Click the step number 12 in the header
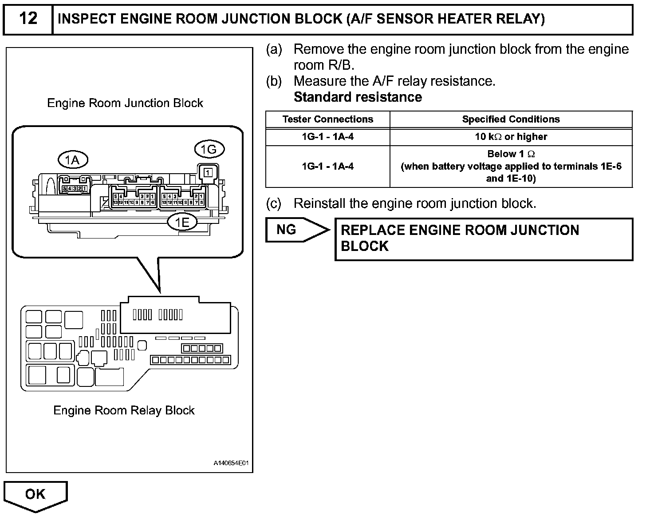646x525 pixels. click(x=28, y=19)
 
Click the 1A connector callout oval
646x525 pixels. click(x=73, y=159)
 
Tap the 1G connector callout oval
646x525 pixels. click(x=209, y=150)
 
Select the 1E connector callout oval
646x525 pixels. click(x=182, y=222)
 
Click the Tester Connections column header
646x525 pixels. click(x=328, y=119)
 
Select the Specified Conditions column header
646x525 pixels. click(x=511, y=119)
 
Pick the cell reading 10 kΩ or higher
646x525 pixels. click(x=511, y=137)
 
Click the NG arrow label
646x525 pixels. click(x=287, y=229)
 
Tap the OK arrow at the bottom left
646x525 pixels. click(x=35, y=494)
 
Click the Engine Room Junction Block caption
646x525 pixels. click(x=125, y=103)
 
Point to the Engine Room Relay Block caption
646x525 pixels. click(x=124, y=410)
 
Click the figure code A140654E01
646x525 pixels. click(x=231, y=464)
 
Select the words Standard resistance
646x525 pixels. click(x=358, y=97)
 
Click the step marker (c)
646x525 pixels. click(x=274, y=203)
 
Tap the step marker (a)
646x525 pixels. click(x=274, y=49)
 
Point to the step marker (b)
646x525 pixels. click(x=274, y=81)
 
